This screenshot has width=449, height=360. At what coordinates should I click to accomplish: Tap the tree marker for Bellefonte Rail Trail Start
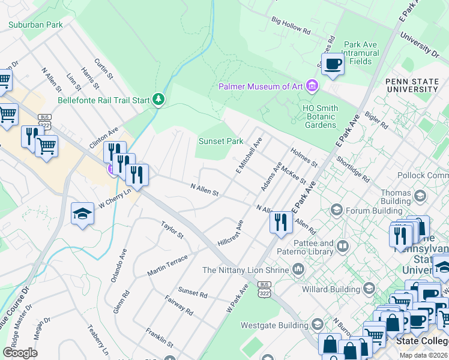(x=158, y=99)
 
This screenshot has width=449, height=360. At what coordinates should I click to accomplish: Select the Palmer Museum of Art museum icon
(x=311, y=86)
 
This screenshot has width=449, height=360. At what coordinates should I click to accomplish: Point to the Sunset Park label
(x=221, y=142)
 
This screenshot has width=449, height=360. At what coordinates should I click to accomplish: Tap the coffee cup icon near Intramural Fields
(x=333, y=64)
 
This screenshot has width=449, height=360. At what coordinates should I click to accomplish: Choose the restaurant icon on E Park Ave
(x=281, y=221)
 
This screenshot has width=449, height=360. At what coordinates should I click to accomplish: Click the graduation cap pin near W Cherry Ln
(x=82, y=214)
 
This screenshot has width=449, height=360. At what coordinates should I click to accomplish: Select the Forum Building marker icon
(x=336, y=210)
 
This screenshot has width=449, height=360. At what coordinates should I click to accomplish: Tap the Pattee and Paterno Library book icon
(x=343, y=246)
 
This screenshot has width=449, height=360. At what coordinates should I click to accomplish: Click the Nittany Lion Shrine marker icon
(x=298, y=270)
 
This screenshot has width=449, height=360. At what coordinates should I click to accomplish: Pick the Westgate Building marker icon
(x=316, y=326)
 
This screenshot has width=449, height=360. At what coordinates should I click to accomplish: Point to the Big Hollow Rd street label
(x=291, y=25)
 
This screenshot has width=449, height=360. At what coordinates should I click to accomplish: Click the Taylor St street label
(x=171, y=229)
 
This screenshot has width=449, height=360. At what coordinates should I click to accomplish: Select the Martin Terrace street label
(x=167, y=265)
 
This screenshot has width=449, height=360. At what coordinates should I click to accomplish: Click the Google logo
(x=20, y=353)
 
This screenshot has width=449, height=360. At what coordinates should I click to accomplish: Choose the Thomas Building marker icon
(x=420, y=196)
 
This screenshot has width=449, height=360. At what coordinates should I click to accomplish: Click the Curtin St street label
(x=103, y=68)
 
